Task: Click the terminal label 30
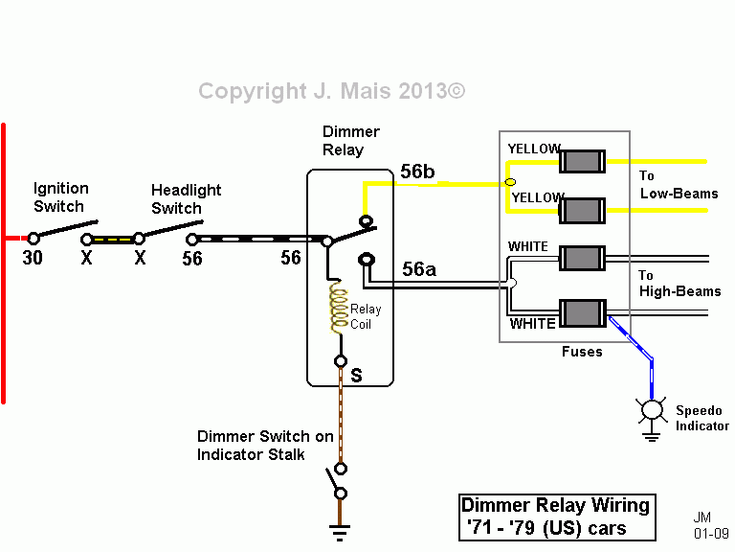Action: (32, 258)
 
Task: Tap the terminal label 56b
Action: (417, 172)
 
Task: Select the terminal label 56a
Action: (418, 270)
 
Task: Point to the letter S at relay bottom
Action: (356, 376)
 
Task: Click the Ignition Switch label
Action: (60, 197)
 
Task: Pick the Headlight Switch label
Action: (186, 199)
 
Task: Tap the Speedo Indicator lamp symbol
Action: (652, 410)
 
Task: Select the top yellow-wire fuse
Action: (582, 160)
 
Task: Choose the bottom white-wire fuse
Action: (582, 313)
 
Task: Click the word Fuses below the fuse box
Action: (582, 352)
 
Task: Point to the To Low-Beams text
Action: (678, 185)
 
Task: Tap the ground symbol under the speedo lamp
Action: (652, 436)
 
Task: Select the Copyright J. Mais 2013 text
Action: (331, 91)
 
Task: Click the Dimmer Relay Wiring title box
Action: (555, 517)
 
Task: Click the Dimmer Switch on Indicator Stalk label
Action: (265, 446)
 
